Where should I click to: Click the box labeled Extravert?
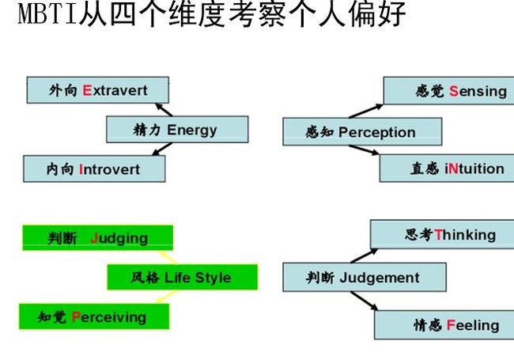click(x=98, y=90)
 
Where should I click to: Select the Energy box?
click(x=177, y=130)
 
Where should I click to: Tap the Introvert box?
click(x=94, y=169)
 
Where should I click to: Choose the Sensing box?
click(x=449, y=90)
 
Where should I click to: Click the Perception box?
click(x=362, y=132)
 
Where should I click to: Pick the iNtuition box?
click(x=447, y=169)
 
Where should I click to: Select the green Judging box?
click(x=98, y=237)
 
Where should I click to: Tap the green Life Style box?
click(x=182, y=278)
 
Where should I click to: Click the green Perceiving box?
click(x=94, y=316)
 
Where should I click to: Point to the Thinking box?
click(x=442, y=234)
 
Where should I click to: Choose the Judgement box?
click(x=365, y=277)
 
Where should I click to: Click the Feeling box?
click(x=444, y=325)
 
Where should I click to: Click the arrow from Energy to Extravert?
click(x=164, y=110)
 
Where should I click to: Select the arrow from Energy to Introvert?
click(x=162, y=149)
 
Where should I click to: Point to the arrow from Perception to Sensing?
click(x=366, y=111)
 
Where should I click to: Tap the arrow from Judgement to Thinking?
click(x=365, y=256)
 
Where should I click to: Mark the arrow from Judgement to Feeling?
click(x=365, y=301)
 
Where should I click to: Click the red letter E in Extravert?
click(x=87, y=90)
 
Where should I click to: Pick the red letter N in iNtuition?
click(x=452, y=169)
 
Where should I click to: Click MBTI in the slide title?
click(x=48, y=13)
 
